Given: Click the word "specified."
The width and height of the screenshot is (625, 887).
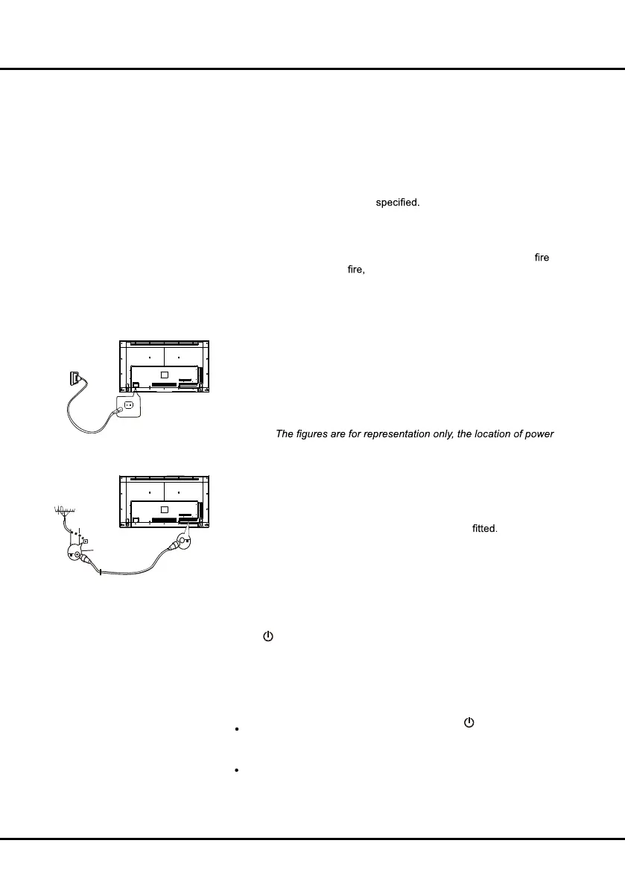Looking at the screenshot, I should pos(398,203).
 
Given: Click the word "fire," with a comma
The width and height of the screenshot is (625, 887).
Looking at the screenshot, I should pos(356,270).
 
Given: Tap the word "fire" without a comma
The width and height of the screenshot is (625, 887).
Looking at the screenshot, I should pos(542,257).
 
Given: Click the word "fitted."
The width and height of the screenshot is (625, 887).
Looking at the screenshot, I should pos(485,530).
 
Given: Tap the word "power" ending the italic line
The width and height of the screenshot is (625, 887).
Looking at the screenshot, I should pos(539,433).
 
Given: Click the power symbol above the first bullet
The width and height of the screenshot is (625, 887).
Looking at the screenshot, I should pos(469,722).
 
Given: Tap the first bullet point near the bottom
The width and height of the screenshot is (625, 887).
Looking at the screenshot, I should pos(236,730).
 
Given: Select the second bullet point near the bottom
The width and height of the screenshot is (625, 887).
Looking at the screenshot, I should pos(236,770).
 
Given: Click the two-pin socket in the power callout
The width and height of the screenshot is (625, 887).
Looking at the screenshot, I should pos(127,406).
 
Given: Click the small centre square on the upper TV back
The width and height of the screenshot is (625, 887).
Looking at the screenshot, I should pos(165,373).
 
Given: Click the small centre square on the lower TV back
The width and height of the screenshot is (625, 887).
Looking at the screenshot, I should pos(165,509).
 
